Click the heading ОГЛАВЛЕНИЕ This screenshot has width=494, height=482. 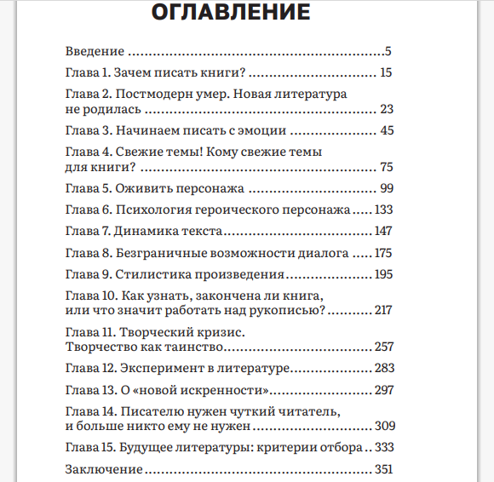pyautogui.click(x=230, y=14)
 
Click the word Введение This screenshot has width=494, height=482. pyautogui.click(x=95, y=50)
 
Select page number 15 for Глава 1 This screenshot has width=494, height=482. pyautogui.click(x=386, y=72)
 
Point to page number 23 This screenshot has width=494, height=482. pyautogui.click(x=386, y=109)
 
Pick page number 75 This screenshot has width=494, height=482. pyautogui.click(x=386, y=167)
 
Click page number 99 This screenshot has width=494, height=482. pyautogui.click(x=386, y=188)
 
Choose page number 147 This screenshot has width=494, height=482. pyautogui.click(x=382, y=231)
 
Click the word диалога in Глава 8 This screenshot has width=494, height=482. pyautogui.click(x=321, y=253)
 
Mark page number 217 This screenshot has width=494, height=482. pyautogui.click(x=382, y=310)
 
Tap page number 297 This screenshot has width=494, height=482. pyautogui.click(x=382, y=390)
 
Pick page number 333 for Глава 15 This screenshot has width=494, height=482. pyautogui.click(x=382, y=447)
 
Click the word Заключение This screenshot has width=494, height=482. pyautogui.click(x=103, y=468)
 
